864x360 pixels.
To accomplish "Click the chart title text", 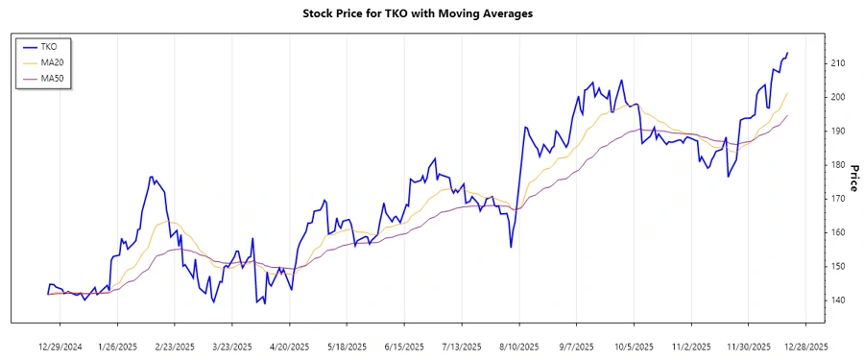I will [431, 13].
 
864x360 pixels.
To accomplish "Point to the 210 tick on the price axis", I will [839, 63].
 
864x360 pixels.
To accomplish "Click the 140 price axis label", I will [839, 300].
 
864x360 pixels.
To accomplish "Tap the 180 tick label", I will [839, 165].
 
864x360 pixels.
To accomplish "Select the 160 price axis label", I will [839, 233].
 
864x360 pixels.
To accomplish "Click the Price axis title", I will [853, 177].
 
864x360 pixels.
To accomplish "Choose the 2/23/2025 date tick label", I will [175, 346].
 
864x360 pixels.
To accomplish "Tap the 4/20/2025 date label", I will [288, 346].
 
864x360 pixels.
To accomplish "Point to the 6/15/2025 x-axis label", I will [403, 346].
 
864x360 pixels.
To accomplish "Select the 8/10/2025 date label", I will [516, 346].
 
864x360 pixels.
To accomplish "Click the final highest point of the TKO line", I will [787, 53].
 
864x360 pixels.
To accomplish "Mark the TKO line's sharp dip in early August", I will [511, 247].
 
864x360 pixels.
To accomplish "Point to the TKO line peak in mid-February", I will [152, 177].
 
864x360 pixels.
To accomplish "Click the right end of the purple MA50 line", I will [787, 116].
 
